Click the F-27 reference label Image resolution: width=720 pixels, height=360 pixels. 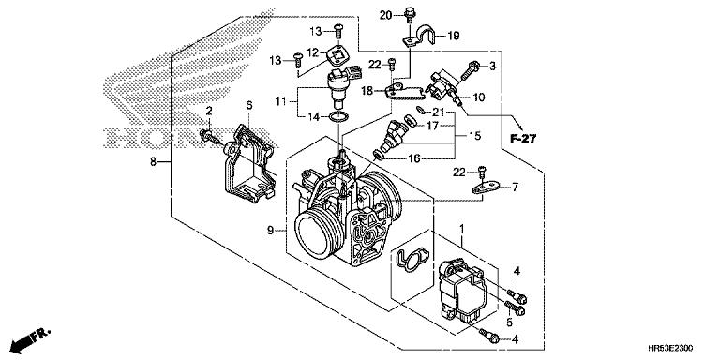tap(522, 138)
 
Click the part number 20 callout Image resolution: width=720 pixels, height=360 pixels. tap(385, 15)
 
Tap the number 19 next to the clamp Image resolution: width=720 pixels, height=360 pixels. tap(453, 36)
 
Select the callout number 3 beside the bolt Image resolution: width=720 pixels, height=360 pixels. tap(493, 67)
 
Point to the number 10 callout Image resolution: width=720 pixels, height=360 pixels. tap(478, 97)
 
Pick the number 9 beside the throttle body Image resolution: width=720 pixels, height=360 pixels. tap(270, 231)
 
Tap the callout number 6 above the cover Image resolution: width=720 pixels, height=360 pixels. tap(248, 105)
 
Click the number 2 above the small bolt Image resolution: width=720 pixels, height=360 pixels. tap(209, 111)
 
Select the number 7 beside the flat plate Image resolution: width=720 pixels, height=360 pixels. tap(515, 187)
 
